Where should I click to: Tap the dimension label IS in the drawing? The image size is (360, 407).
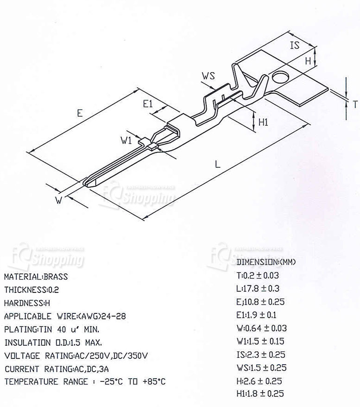[x=295, y=45]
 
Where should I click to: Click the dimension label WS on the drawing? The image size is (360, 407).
[x=208, y=76]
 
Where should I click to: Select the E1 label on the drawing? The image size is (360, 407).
[x=147, y=104]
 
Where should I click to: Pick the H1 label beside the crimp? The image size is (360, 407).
[x=264, y=122]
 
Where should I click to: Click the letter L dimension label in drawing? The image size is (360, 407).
[x=217, y=164]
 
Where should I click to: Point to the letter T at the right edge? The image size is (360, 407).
[x=354, y=104]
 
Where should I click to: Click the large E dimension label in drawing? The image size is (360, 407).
[x=80, y=113]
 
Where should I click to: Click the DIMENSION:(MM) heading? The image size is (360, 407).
[x=265, y=262]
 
